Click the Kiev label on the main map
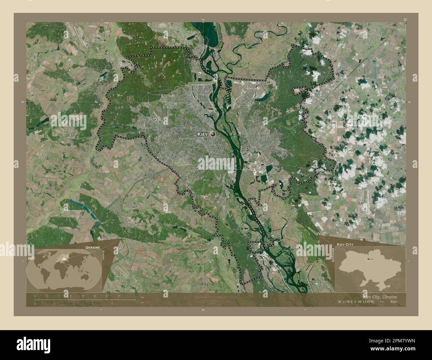pos(202,134)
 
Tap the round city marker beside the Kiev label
pos(213,134)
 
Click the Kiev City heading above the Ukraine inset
pos(345,244)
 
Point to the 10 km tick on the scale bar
pos(95,296)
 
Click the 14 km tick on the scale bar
pos(118,296)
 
